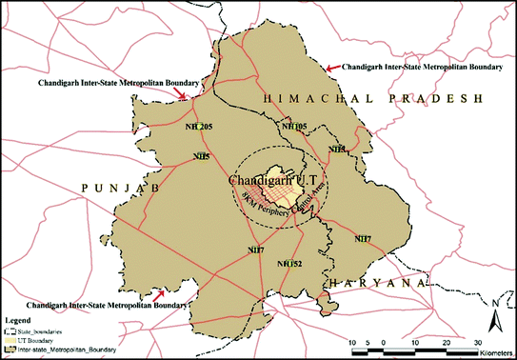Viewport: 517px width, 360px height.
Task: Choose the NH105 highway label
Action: [294, 126]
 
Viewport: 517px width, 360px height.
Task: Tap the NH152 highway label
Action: [289, 263]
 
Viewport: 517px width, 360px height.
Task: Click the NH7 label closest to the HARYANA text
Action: [362, 238]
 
